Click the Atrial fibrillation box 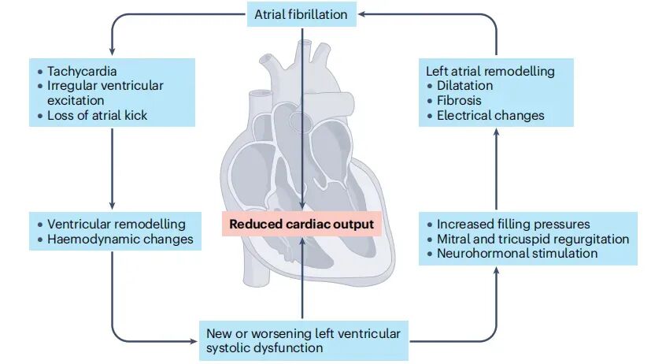301,13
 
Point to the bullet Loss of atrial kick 96,116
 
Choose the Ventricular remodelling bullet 117,224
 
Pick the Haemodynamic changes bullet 120,239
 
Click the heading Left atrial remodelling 490,71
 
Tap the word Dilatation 464,85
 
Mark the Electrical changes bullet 490,115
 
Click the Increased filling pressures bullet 512,224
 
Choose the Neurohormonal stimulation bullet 516,253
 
